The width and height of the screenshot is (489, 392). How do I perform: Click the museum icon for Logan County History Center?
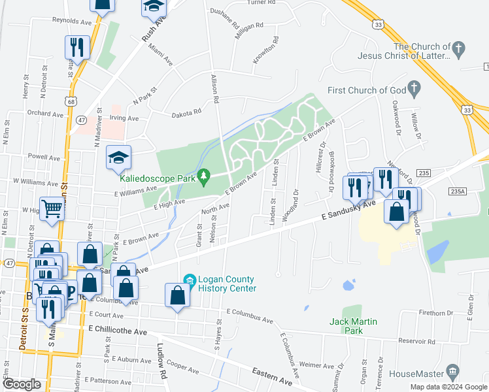pos(190,280)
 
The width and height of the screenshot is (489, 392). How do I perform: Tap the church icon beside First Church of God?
pos(414,88)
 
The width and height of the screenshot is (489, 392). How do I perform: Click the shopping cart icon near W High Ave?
pos(52,208)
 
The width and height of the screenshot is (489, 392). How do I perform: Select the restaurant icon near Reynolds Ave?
pos(76,46)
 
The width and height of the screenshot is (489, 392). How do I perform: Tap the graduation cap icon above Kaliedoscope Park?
pos(118,157)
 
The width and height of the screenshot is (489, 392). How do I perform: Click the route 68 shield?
pos(69,101)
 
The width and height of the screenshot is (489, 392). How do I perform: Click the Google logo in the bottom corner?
pos(22,385)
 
